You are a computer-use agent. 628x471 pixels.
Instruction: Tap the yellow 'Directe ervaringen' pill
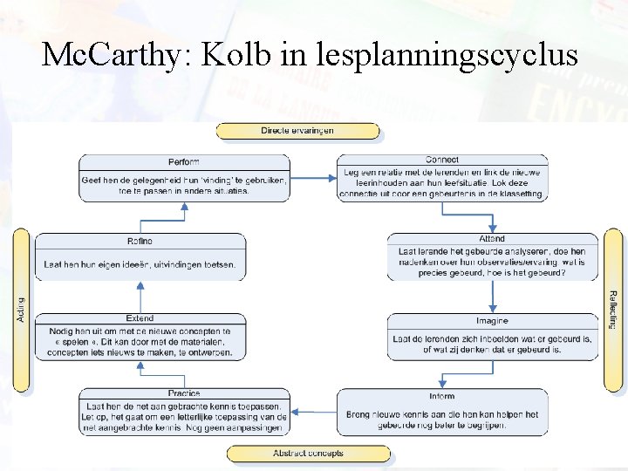(x=297, y=131)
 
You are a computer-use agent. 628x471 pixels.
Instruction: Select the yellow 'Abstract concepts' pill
(x=308, y=454)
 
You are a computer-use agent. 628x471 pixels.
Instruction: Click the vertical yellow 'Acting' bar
(x=22, y=309)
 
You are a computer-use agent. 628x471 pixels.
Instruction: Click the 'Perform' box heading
(x=184, y=161)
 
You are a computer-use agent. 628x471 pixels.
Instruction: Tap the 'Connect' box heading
(x=442, y=160)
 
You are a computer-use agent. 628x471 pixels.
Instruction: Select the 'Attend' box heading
(x=492, y=238)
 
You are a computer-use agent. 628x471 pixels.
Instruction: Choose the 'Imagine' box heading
(x=492, y=321)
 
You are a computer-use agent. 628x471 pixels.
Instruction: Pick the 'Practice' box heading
(x=184, y=394)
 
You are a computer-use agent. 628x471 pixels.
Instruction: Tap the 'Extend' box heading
(x=140, y=318)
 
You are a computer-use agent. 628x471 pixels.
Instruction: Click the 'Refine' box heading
(x=140, y=241)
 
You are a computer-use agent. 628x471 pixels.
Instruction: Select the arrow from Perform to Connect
(x=312, y=178)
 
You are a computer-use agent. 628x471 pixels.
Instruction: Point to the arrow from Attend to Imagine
(x=493, y=297)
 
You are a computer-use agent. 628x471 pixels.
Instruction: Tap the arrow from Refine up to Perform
(x=184, y=218)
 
